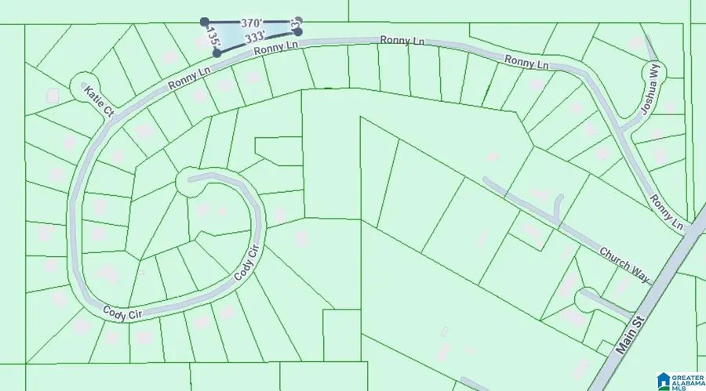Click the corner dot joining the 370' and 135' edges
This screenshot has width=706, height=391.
pyautogui.click(x=205, y=22)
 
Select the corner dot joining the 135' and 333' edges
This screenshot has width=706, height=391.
pyautogui.click(x=217, y=54)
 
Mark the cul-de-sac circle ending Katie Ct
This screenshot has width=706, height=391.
pyautogui.click(x=81, y=83)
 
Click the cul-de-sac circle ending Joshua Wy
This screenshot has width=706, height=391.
pyautogui.click(x=652, y=73)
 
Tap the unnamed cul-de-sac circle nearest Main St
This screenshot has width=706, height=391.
pyautogui.click(x=585, y=299)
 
